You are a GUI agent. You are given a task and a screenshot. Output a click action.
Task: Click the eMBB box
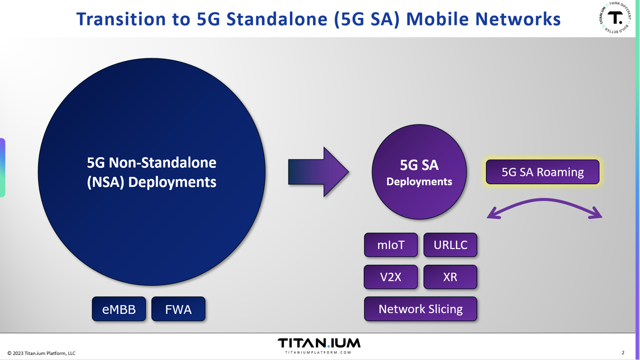pos(119,309)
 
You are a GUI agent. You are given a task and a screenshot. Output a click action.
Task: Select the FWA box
pos(178,309)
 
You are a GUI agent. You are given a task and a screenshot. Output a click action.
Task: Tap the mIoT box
pos(391,245)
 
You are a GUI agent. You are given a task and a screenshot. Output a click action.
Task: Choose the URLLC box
pos(450,245)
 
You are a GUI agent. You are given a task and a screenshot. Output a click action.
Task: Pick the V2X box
pos(391,277)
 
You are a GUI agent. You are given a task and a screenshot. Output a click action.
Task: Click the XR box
pos(450,277)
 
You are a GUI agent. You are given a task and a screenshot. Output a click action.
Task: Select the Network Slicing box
pos(421,309)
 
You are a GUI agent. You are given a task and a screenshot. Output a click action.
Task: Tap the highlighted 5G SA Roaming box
pos(542,172)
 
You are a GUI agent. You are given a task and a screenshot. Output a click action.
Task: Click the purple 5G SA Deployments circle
pos(419,172)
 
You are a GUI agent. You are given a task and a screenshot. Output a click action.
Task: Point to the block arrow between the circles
pos(318,172)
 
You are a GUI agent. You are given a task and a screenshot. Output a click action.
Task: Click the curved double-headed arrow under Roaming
pos(544,200)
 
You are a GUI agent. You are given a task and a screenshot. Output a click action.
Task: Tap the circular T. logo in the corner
pos(615,18)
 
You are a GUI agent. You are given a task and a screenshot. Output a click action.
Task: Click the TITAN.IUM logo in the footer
pos(319,343)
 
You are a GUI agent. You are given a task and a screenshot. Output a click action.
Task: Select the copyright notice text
pos(41,353)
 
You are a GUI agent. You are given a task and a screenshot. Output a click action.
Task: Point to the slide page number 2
pos(623,353)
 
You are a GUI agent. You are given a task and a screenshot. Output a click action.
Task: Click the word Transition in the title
pos(121,19)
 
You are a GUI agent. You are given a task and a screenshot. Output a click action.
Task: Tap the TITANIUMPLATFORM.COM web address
pos(318,352)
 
